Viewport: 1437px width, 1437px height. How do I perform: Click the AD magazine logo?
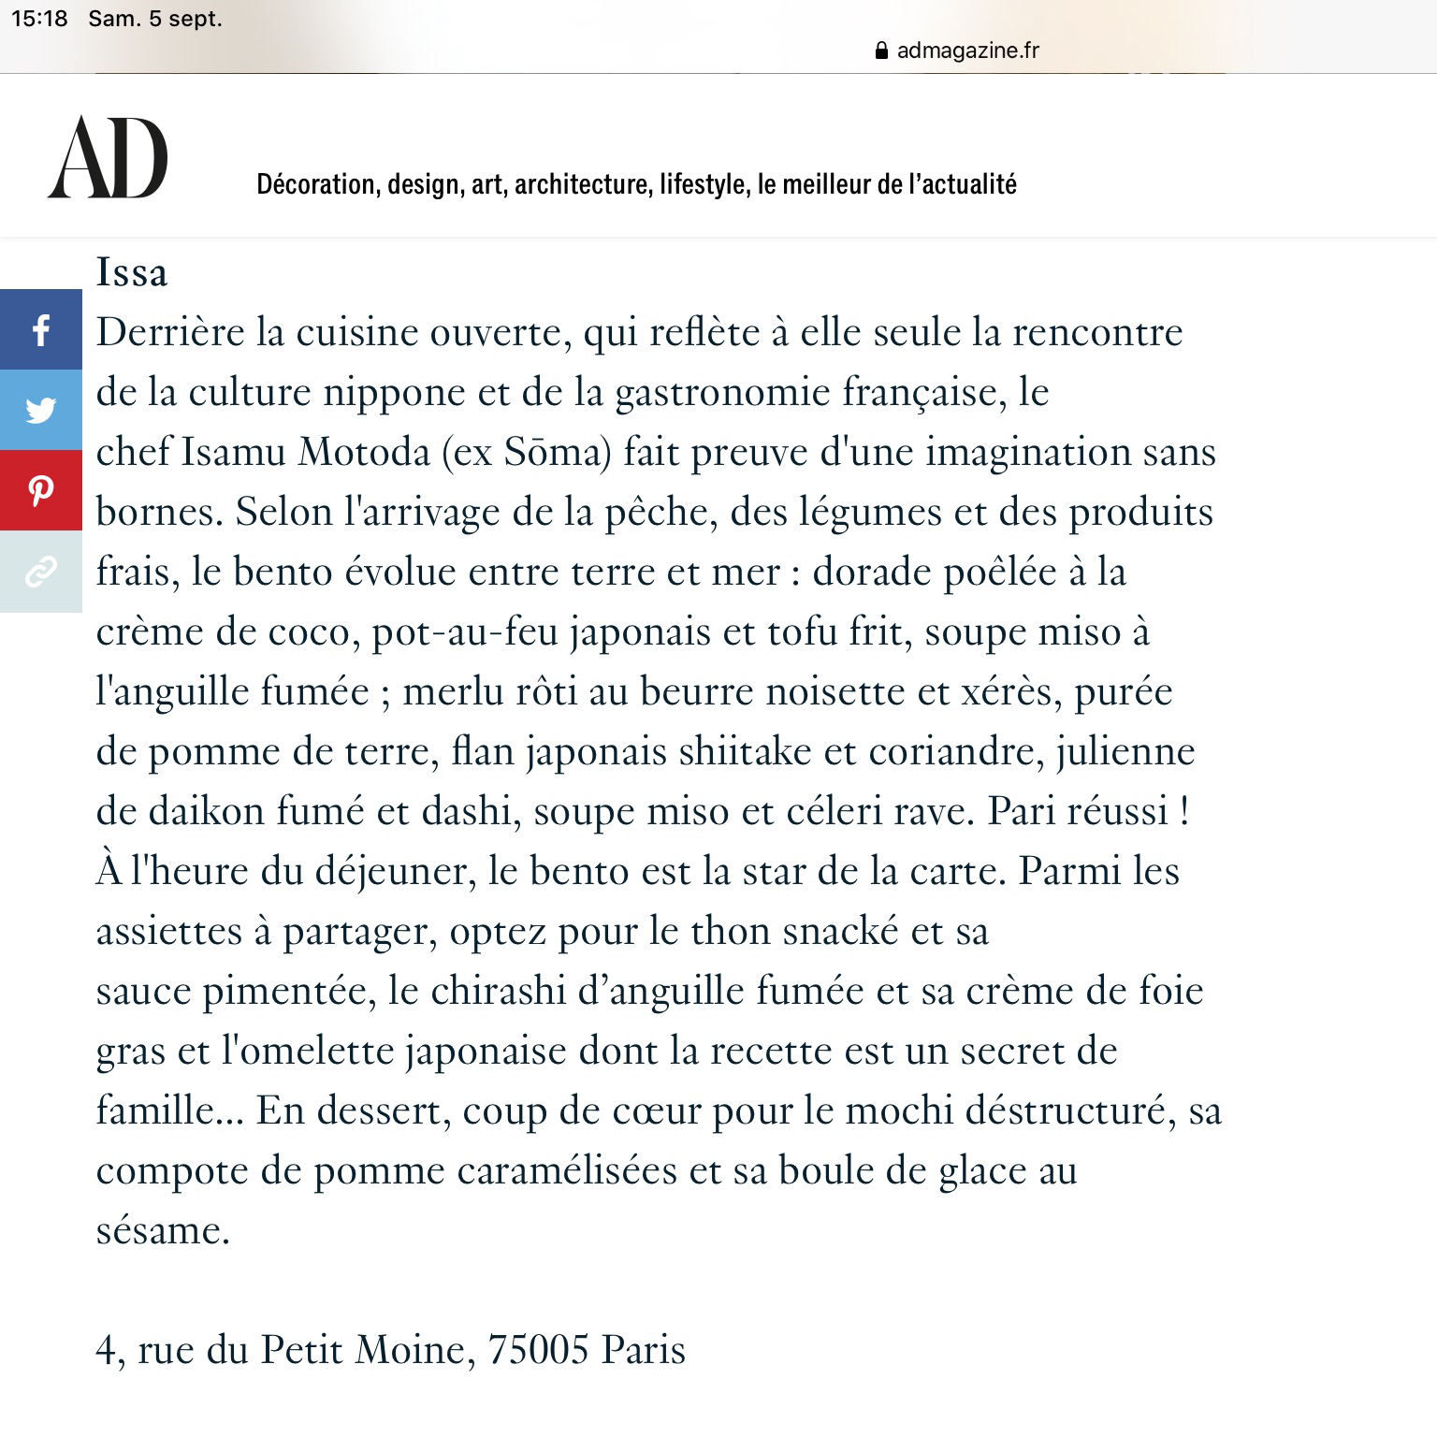click(108, 157)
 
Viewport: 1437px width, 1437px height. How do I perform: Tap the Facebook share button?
click(40, 330)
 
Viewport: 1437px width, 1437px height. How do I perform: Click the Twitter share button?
click(40, 410)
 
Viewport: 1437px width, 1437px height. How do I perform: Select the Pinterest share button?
click(40, 490)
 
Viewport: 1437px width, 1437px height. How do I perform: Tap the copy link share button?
click(40, 571)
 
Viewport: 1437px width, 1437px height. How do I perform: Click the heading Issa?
click(132, 272)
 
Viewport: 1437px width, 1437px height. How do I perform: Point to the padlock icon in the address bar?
click(880, 51)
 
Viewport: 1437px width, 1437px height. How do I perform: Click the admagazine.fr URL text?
click(967, 51)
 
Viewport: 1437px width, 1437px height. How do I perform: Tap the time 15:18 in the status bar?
click(40, 19)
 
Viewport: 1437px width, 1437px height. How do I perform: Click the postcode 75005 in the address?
click(539, 1349)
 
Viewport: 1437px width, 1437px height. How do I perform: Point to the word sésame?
click(161, 1230)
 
